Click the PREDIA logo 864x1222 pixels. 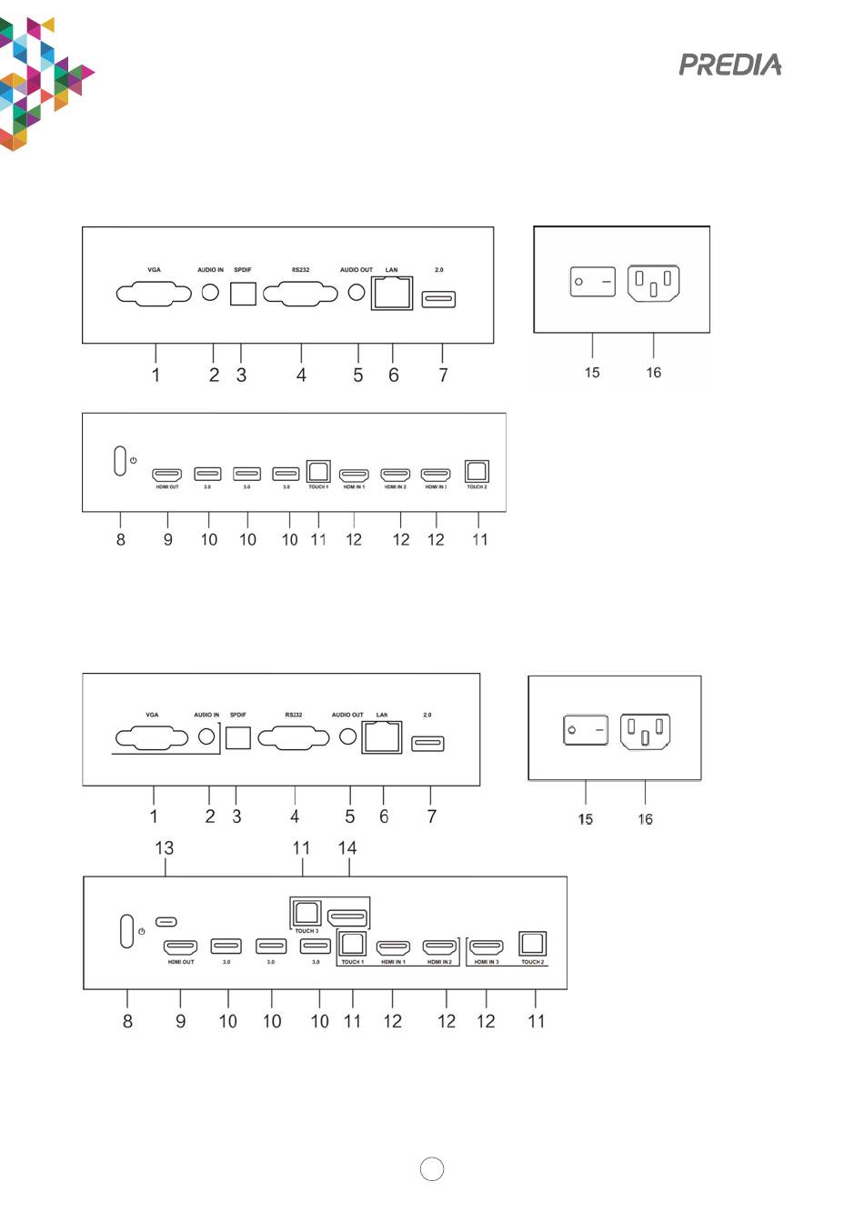[730, 65]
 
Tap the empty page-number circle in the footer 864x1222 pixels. [432, 1169]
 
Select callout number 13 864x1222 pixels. [164, 847]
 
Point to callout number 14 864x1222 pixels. [347, 847]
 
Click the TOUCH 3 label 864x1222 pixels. [306, 931]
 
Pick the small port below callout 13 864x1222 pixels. [166, 921]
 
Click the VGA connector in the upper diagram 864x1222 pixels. [154, 295]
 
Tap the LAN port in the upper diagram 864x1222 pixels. [392, 294]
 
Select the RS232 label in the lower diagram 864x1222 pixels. [294, 715]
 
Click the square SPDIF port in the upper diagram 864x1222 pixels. [243, 293]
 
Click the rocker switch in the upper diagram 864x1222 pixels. [592, 282]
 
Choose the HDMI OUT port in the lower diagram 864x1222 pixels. [181, 947]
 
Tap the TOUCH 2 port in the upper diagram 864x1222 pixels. [477, 472]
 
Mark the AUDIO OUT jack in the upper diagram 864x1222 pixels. [357, 292]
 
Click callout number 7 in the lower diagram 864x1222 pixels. [432, 816]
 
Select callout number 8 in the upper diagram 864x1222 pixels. [121, 539]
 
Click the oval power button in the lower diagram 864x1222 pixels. [127, 931]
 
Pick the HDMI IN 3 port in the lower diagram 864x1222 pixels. [487, 947]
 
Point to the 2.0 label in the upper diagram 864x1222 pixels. [439, 270]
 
